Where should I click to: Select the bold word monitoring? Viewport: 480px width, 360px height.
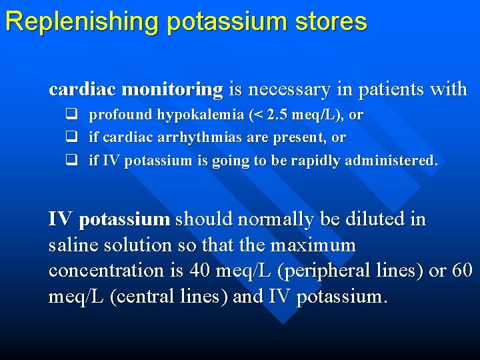click(173, 89)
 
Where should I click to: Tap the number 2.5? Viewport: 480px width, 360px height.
click(278, 115)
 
